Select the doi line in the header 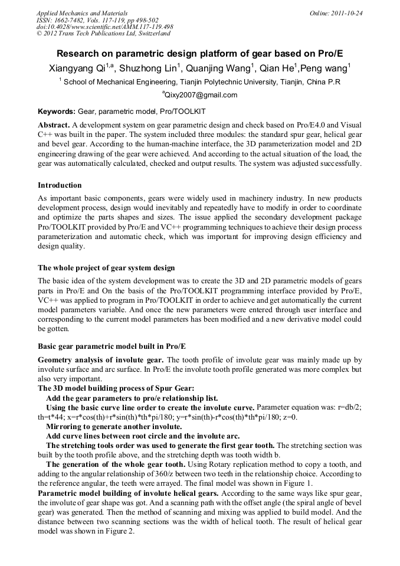(x=104, y=27)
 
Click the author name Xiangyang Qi (x=76, y=68)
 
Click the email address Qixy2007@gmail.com (x=201, y=95)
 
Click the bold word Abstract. (x=54, y=125)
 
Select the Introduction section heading (x=61, y=185)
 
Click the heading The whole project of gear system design (x=106, y=267)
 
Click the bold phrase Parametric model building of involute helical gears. (x=128, y=492)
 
